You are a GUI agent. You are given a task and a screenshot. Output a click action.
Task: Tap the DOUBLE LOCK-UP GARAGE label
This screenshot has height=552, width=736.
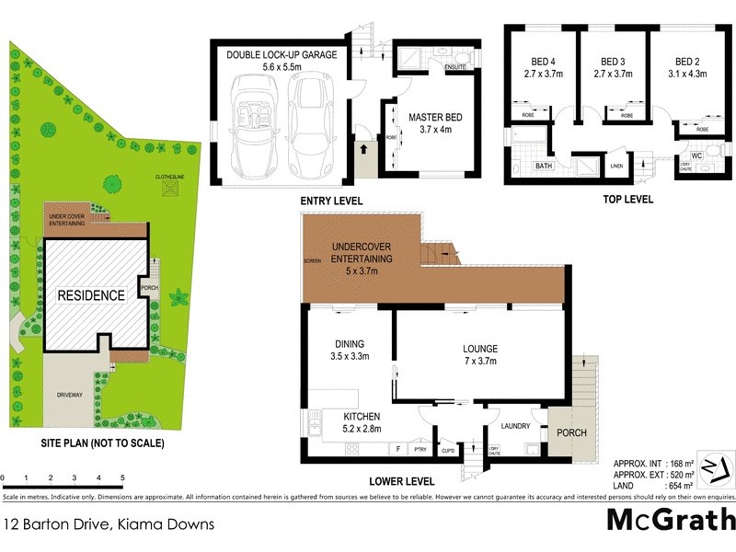tap(282, 54)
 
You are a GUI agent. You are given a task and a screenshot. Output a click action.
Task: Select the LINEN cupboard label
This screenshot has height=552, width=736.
tap(616, 166)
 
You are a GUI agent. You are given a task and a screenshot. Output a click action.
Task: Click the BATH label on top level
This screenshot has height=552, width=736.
tap(543, 167)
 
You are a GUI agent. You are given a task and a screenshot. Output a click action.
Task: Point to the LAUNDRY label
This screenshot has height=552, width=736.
tap(515, 426)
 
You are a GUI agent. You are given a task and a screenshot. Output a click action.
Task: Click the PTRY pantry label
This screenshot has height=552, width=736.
tap(420, 450)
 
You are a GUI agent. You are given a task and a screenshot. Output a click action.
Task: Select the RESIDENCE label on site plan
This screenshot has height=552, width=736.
tap(91, 295)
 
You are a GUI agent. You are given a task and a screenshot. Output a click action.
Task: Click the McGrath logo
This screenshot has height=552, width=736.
tap(671, 519)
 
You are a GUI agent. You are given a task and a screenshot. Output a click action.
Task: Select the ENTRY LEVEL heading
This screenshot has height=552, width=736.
tap(331, 201)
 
